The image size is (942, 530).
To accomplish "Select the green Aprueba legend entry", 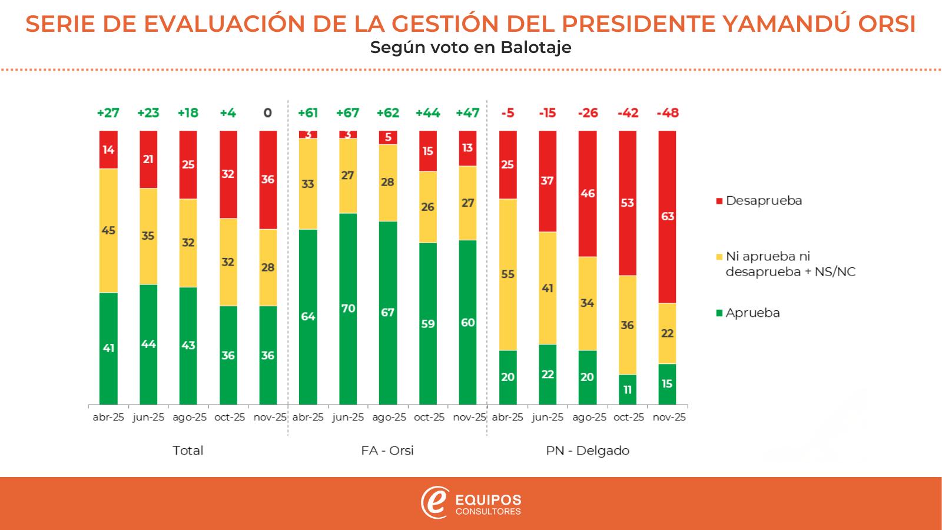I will click(x=748, y=313).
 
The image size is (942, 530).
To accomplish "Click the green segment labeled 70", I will click(x=348, y=309).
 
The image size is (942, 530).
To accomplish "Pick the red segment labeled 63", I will click(x=667, y=217).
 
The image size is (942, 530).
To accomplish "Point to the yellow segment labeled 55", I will click(x=508, y=274).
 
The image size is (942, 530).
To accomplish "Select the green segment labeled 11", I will click(x=627, y=389).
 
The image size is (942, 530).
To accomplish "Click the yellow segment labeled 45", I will click(x=108, y=230).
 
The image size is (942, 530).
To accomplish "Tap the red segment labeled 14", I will click(x=108, y=150).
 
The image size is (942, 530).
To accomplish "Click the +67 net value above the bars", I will click(x=348, y=113).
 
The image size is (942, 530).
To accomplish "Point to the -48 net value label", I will click(x=667, y=113).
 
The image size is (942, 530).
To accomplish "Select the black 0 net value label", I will click(x=268, y=113).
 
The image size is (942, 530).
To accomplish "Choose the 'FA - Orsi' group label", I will click(x=387, y=450).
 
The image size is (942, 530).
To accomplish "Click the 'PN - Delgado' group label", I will click(x=587, y=450).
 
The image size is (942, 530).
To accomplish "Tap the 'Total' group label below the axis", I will click(x=188, y=450).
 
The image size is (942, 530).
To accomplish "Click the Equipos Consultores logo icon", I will click(x=435, y=503).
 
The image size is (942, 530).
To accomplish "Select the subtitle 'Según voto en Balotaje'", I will click(x=471, y=47).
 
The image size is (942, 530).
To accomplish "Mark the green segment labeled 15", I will click(x=667, y=384).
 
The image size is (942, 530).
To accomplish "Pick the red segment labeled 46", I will click(x=588, y=194).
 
